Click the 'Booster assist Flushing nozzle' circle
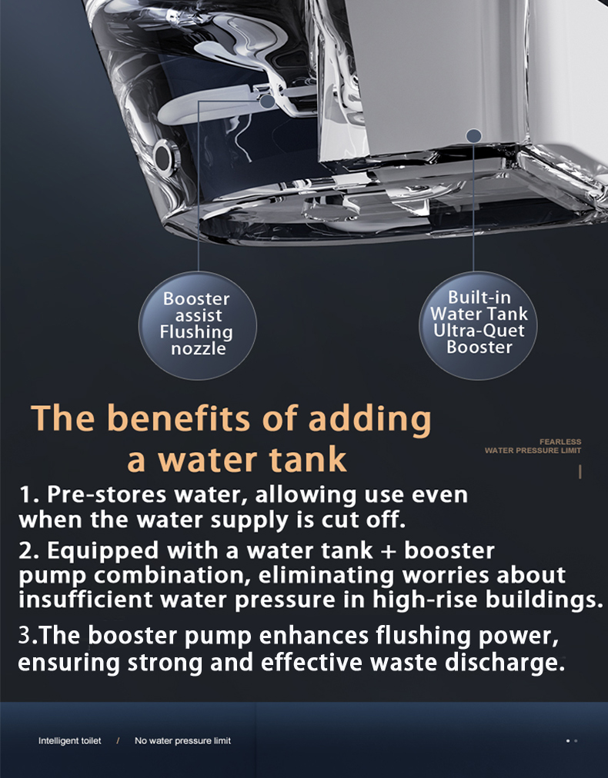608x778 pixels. pyautogui.click(x=198, y=325)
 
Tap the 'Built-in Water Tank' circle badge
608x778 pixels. pyautogui.click(x=478, y=325)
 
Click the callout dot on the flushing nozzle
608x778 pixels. pyautogui.click(x=267, y=101)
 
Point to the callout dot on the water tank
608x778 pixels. pyautogui.click(x=474, y=136)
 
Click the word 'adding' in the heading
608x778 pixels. pyautogui.click(x=369, y=420)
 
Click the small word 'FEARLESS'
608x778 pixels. pyautogui.click(x=560, y=441)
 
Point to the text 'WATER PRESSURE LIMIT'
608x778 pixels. pyautogui.click(x=533, y=451)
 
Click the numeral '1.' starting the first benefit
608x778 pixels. pyautogui.click(x=30, y=494)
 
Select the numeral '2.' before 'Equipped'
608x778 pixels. pyautogui.click(x=30, y=550)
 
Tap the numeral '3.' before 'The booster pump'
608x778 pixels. pyautogui.click(x=28, y=636)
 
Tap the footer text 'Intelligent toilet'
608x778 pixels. pyautogui.click(x=69, y=741)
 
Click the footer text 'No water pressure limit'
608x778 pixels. pyautogui.click(x=183, y=741)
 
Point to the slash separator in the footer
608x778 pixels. pyautogui.click(x=118, y=741)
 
